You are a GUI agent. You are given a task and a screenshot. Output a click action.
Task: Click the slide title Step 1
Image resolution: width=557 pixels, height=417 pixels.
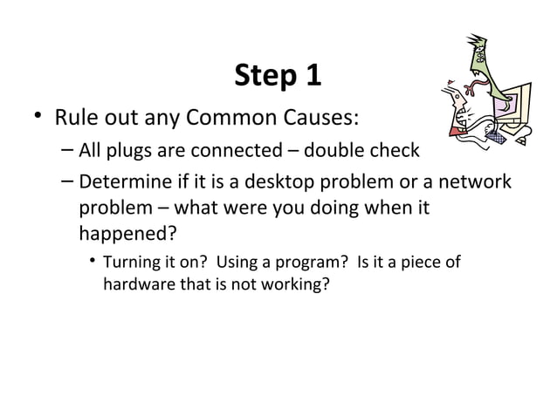click(x=278, y=77)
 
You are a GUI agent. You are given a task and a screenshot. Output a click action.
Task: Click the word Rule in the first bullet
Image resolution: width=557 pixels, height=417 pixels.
click(x=75, y=116)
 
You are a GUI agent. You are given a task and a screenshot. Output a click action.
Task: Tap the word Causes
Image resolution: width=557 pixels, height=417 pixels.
click(x=324, y=116)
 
